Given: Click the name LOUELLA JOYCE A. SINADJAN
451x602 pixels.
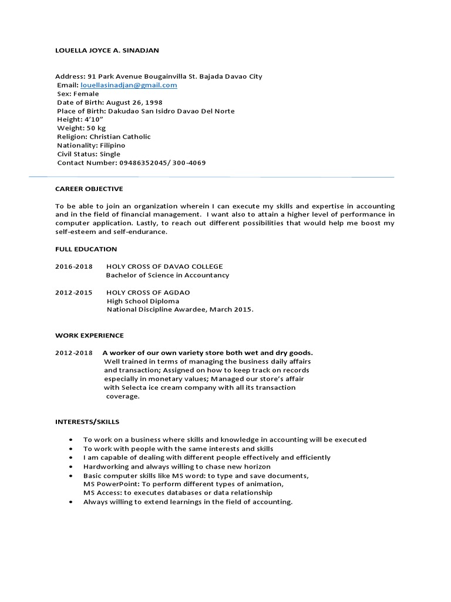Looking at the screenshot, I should click(107, 51).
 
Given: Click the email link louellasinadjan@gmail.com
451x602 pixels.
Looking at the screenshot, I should click(129, 85).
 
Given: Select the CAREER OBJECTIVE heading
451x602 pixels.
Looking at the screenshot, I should click(89, 189).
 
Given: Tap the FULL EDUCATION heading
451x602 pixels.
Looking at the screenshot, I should click(86, 249).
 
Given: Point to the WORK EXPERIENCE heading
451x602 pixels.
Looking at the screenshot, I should click(89, 336).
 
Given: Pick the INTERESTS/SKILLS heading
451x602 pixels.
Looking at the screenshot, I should click(87, 422).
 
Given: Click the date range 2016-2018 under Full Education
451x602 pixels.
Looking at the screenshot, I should click(74, 266).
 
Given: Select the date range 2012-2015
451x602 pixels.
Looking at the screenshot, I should click(74, 292).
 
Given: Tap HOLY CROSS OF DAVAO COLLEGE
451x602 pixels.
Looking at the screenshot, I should click(164, 266).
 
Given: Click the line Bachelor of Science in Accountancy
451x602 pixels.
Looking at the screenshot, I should click(167, 275).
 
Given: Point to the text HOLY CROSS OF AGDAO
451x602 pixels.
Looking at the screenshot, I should click(148, 292).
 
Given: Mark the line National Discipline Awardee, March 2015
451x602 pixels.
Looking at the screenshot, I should click(180, 310).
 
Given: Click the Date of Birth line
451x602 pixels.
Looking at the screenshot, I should click(110, 102).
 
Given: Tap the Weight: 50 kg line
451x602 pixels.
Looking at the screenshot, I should click(82, 128).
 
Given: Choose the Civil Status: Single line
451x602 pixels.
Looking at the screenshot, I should click(89, 154).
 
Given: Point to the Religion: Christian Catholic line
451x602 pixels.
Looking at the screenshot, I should click(104, 136).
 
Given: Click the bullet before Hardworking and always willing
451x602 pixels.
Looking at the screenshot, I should click(71, 466).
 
